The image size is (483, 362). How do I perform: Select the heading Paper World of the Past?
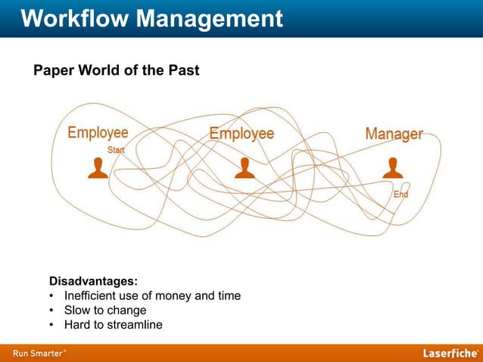(116, 71)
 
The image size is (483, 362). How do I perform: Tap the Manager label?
(394, 134)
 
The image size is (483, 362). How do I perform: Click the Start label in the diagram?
(117, 150)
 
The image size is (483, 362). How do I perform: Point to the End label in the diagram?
(400, 195)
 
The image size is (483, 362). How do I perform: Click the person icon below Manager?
(392, 168)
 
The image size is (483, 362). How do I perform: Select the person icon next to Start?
(98, 168)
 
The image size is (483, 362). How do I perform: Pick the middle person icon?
(245, 168)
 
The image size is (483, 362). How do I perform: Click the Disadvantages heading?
(93, 281)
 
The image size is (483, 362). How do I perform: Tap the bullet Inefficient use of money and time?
(152, 295)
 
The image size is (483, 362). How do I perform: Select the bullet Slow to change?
(105, 311)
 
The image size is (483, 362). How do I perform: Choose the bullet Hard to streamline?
(113, 325)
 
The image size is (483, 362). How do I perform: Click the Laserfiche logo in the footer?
(450, 353)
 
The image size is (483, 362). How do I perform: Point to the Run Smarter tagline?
(38, 353)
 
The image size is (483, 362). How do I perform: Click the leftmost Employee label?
(98, 133)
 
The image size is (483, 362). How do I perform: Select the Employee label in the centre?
(241, 134)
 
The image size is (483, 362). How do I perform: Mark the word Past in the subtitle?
(182, 71)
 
